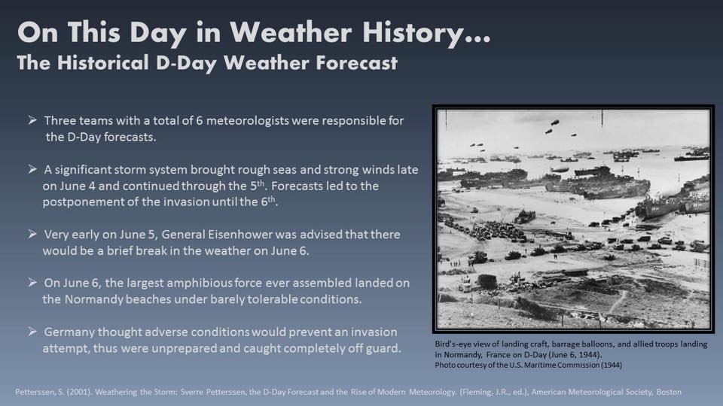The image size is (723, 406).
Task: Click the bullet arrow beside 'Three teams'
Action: point(32,120)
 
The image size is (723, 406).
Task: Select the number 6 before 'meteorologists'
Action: point(200,120)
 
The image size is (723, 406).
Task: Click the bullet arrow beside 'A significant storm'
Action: point(32,169)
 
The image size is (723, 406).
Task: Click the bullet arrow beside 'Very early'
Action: point(32,235)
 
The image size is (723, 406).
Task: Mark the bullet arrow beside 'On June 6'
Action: point(32,283)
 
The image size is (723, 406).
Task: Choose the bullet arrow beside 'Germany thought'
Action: point(32,332)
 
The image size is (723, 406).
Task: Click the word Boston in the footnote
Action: point(669,392)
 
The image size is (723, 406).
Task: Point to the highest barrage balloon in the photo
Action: point(555,123)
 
